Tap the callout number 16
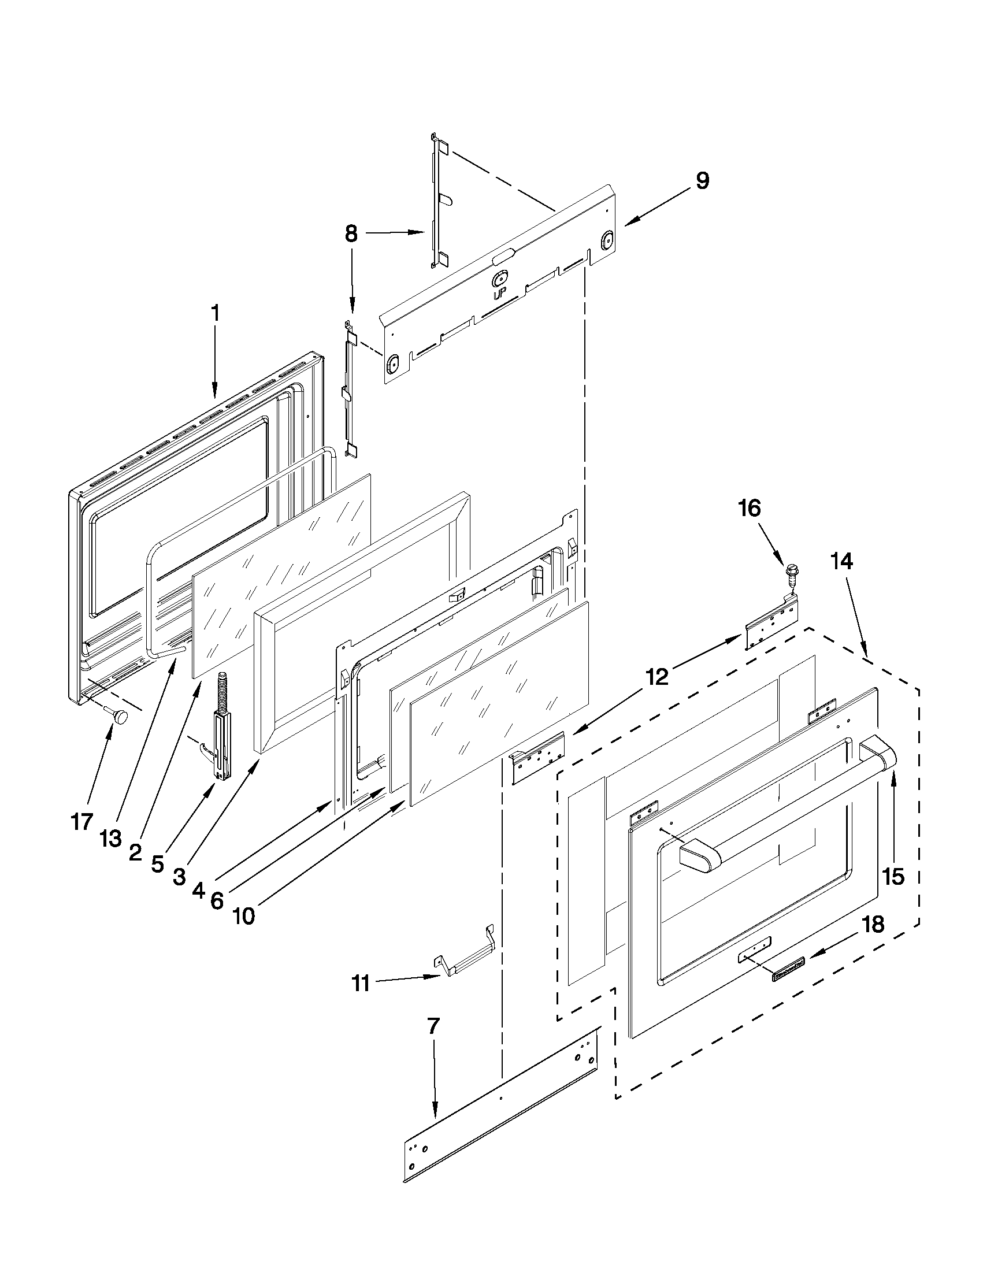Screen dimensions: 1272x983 750,509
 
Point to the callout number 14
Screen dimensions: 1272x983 841,562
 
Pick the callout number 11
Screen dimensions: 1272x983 361,984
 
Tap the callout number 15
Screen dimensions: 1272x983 893,876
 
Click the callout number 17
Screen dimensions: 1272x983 81,822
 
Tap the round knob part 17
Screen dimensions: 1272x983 121,717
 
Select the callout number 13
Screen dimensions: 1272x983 110,839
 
